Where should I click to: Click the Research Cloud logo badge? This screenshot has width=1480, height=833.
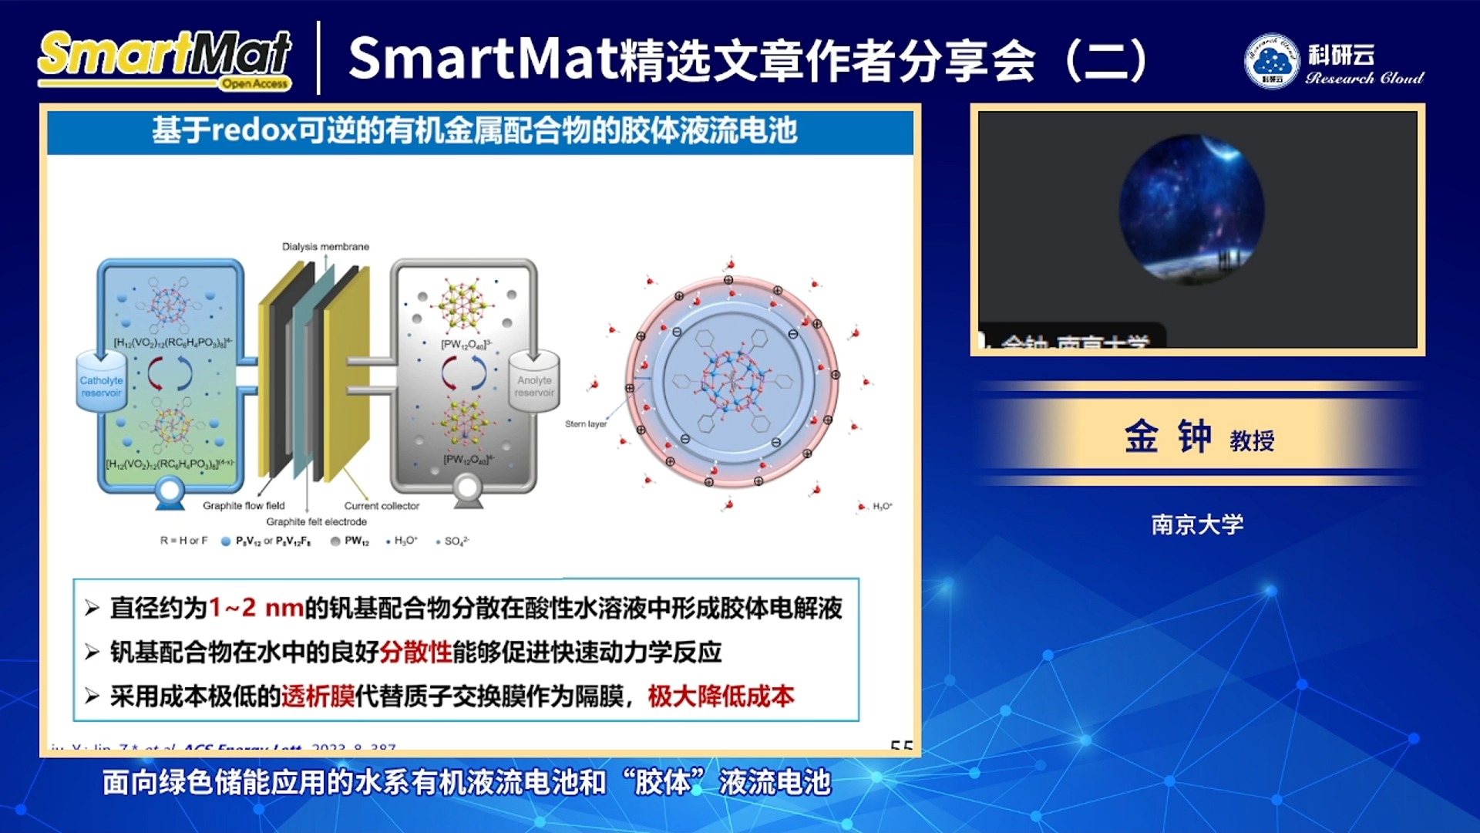1272,60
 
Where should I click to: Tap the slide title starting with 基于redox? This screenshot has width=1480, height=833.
474,130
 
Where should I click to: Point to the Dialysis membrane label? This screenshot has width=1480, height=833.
325,247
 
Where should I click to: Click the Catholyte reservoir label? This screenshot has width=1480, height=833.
101,386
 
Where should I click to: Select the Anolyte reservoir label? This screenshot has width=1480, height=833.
534,386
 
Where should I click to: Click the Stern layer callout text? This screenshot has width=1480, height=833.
586,423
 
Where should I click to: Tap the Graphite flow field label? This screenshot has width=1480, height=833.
244,505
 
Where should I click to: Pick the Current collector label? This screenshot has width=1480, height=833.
382,506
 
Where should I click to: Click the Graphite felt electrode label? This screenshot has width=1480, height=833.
316,521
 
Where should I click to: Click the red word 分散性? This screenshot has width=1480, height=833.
415,652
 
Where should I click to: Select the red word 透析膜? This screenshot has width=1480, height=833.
318,696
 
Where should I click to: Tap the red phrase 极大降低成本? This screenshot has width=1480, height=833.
721,696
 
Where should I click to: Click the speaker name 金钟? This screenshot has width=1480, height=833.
1167,437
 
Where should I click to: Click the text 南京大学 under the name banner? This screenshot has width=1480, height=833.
1197,524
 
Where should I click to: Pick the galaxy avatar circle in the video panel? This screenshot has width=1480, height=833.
1192,209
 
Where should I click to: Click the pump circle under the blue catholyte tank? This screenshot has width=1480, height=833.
170,490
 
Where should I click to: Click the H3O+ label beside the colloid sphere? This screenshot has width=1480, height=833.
882,506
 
